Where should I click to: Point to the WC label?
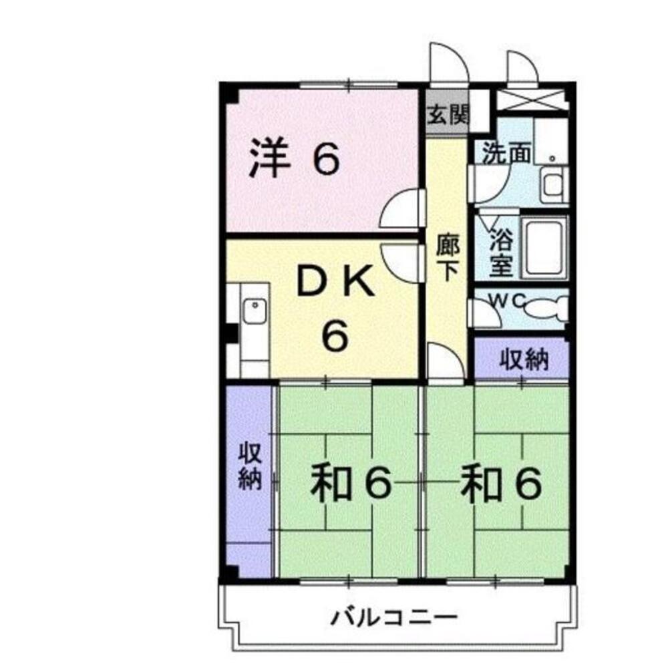coord(506,301)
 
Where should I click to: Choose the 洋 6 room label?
coord(294,160)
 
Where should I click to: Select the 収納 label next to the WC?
coord(524,360)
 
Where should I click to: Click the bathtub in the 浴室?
coord(545,246)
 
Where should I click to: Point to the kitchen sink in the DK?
coord(254,311)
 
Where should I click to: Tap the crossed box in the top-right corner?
coord(532,99)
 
